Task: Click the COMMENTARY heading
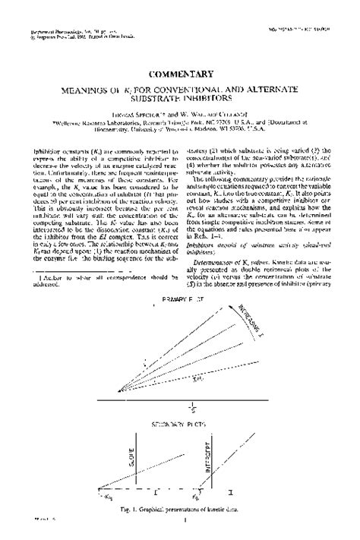coord(181,74)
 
